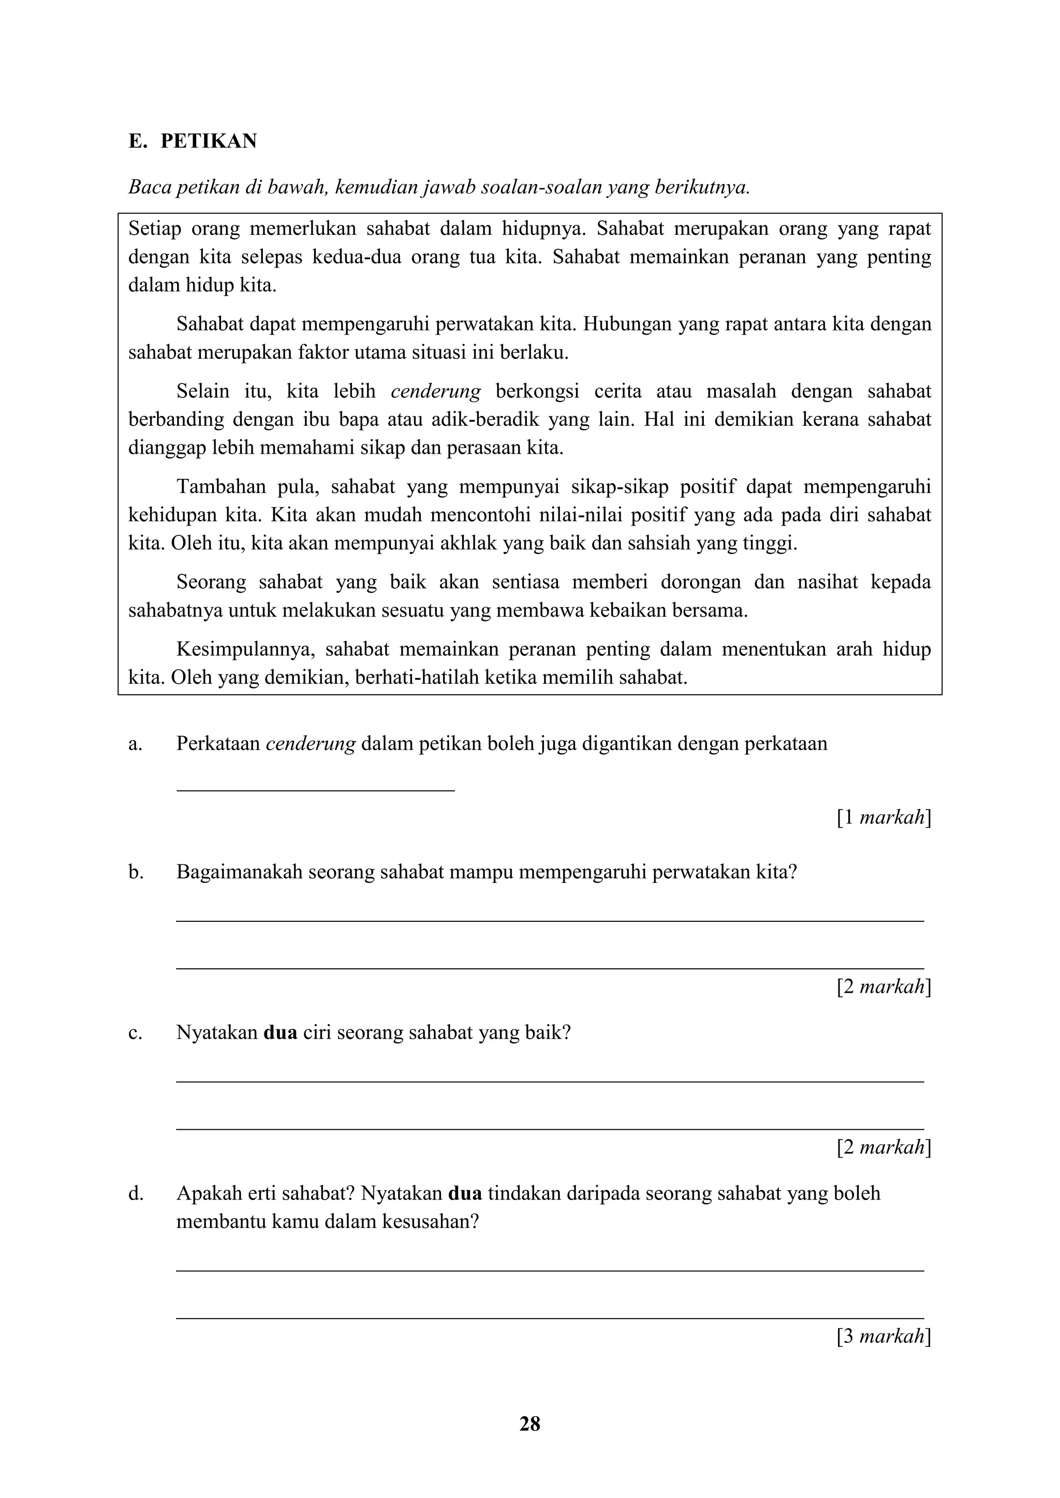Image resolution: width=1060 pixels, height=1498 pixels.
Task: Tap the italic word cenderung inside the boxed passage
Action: [x=435, y=392]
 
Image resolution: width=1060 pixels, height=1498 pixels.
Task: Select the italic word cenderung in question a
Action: [x=311, y=744]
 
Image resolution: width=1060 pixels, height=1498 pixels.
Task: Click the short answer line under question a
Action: [x=315, y=790]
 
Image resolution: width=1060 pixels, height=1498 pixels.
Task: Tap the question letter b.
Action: [x=135, y=872]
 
